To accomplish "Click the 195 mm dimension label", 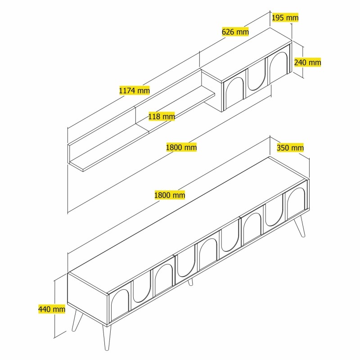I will click(285, 18).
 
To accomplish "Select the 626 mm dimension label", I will click(235, 31).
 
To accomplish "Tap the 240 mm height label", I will click(307, 63).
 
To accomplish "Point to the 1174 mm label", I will click(134, 90).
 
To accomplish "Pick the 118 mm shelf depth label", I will click(162, 117).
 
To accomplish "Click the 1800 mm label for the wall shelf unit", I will click(181, 147).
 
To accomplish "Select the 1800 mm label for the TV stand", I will click(170, 195).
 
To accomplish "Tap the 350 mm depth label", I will click(290, 148).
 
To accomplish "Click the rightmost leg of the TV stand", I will click(300, 228).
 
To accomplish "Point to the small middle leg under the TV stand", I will click(191, 282).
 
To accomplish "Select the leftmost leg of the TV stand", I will click(76, 319).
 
